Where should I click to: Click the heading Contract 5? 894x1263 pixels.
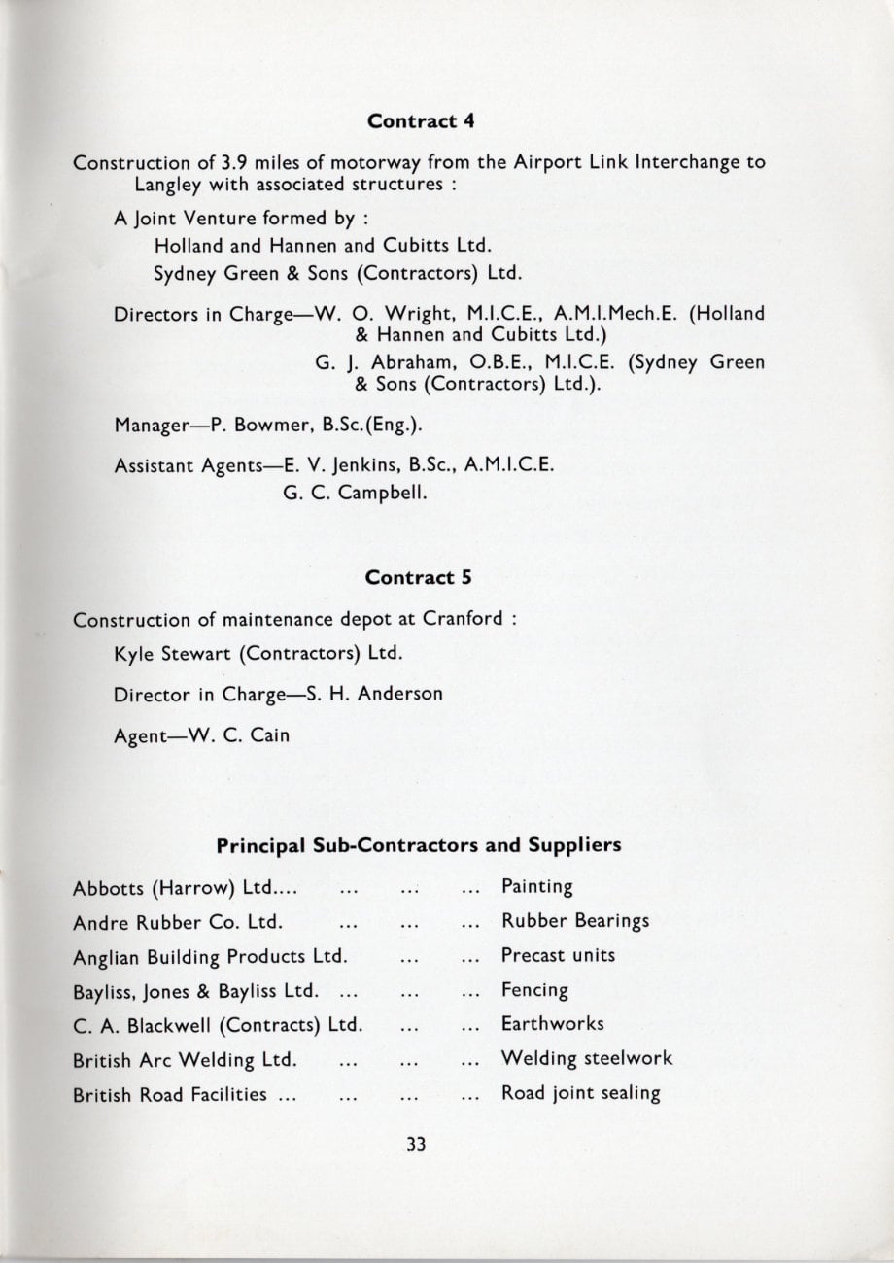pyautogui.click(x=418, y=576)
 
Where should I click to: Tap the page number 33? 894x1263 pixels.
pyautogui.click(x=418, y=1144)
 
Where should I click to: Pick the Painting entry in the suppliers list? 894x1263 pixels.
pyautogui.click(x=536, y=887)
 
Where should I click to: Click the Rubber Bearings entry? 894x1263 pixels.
pyautogui.click(x=575, y=921)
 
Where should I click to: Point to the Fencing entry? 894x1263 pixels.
pyautogui.click(x=534, y=990)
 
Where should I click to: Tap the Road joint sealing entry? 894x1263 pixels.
pyautogui.click(x=580, y=1093)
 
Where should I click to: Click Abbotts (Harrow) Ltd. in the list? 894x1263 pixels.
pyautogui.click(x=185, y=888)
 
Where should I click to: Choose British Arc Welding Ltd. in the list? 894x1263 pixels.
pyautogui.click(x=185, y=1059)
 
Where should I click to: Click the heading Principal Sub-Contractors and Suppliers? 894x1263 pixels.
pyautogui.click(x=418, y=845)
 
